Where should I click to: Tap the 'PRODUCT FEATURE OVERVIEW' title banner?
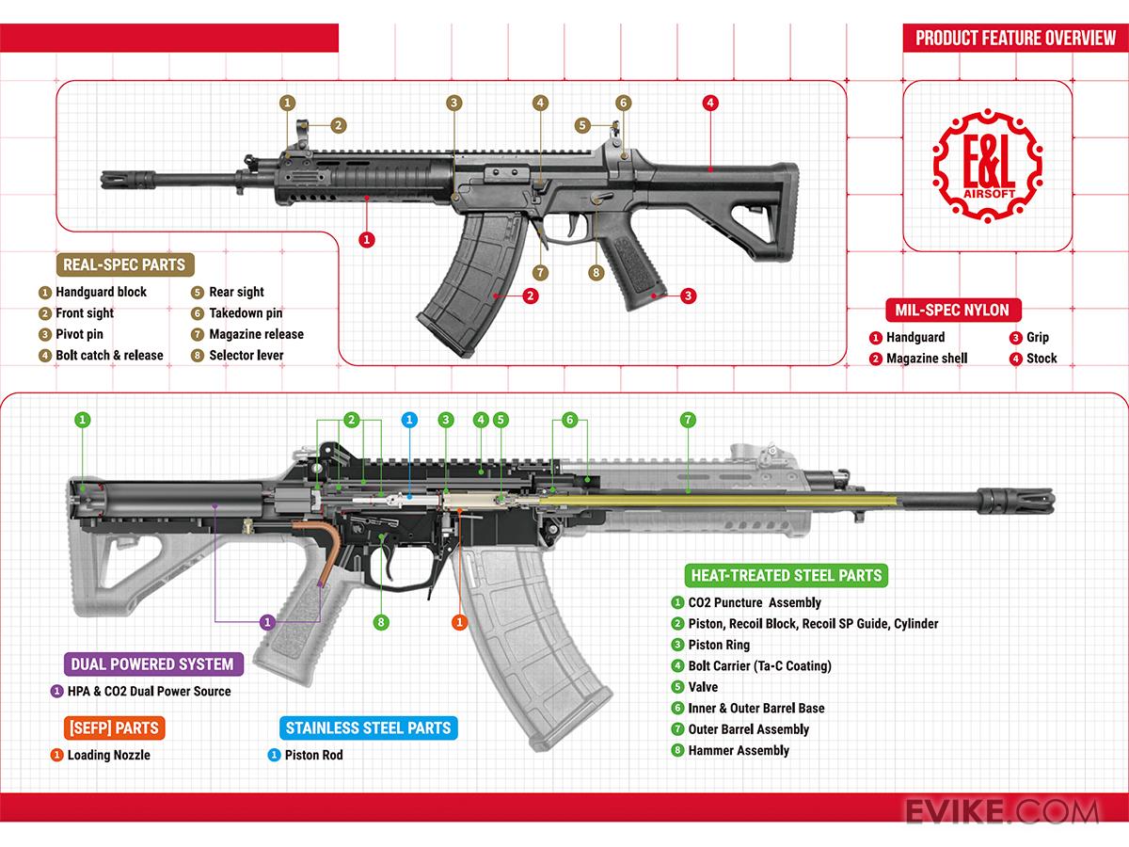(x=1010, y=39)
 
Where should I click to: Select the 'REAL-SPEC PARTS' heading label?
(x=123, y=264)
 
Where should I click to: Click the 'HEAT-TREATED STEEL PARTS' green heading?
(x=787, y=575)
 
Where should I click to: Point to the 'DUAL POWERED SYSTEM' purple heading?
(x=152, y=663)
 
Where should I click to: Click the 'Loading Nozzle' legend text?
(x=108, y=755)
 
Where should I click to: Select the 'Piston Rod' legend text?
(x=313, y=755)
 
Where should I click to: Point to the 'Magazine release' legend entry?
(x=256, y=334)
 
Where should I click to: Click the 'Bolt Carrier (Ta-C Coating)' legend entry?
(x=759, y=665)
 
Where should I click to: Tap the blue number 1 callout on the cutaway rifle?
(x=409, y=419)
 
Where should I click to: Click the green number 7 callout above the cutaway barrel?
(x=688, y=419)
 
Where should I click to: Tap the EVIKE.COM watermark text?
(x=1002, y=811)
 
